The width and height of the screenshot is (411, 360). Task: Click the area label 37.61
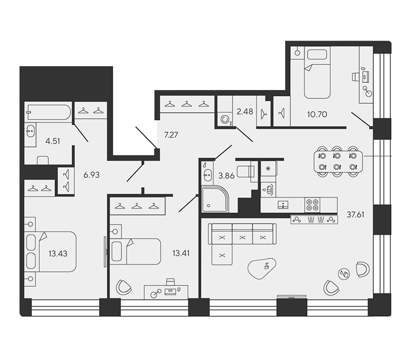[355, 215]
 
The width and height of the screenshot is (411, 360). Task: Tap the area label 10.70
[317, 114]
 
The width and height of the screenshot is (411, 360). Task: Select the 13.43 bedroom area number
[58, 254]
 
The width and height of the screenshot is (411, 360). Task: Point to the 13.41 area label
[181, 254]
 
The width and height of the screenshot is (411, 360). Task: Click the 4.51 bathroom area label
[52, 141]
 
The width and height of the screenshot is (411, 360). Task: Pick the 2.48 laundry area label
[245, 112]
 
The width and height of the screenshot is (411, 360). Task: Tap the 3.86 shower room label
[226, 175]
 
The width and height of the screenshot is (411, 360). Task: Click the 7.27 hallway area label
[171, 135]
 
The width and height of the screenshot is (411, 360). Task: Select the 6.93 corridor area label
[92, 175]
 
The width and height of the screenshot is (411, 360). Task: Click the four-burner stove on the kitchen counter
[312, 205]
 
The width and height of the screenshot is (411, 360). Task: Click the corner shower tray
[215, 199]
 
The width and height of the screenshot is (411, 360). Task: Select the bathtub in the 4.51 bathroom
[48, 112]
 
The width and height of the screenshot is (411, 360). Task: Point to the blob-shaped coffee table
[262, 268]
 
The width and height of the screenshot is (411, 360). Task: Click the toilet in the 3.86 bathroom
[245, 172]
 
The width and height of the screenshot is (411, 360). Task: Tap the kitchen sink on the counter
[283, 205]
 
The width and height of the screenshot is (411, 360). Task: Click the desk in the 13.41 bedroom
[166, 292]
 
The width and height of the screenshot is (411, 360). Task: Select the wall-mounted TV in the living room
[292, 296]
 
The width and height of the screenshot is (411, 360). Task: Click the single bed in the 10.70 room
[317, 73]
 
